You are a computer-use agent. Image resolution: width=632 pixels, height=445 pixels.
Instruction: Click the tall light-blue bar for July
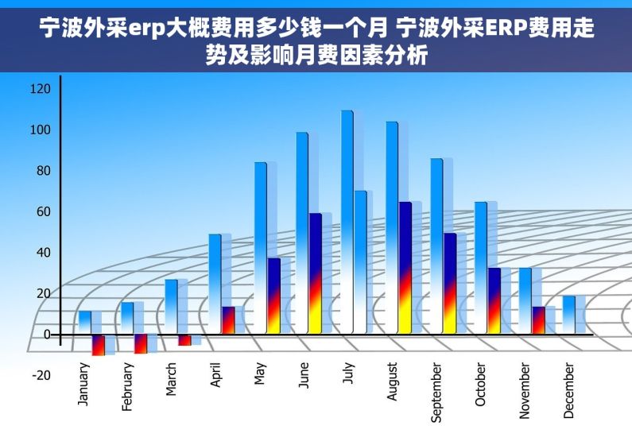tap(347, 222)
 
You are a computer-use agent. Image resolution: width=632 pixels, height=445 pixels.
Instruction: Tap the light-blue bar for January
tap(85, 322)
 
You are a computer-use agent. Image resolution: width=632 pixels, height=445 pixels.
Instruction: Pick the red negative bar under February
tap(141, 343)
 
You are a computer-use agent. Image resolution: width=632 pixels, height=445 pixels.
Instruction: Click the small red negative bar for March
tap(184, 340)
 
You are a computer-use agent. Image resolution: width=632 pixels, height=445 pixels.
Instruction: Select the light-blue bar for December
tap(568, 315)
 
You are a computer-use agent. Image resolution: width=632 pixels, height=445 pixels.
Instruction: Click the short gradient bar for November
tap(538, 320)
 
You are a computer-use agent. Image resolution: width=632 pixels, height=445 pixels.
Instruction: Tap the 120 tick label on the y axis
tap(40, 88)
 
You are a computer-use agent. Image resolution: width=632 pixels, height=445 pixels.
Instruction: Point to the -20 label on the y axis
tap(40, 375)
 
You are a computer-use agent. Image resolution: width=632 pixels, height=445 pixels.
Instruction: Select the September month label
tap(436, 392)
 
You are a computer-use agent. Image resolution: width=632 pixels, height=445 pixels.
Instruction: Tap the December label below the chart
tap(568, 390)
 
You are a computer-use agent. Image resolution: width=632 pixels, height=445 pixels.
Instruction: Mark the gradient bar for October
tap(494, 301)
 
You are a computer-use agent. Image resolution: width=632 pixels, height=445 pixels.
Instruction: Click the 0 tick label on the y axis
tap(46, 335)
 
